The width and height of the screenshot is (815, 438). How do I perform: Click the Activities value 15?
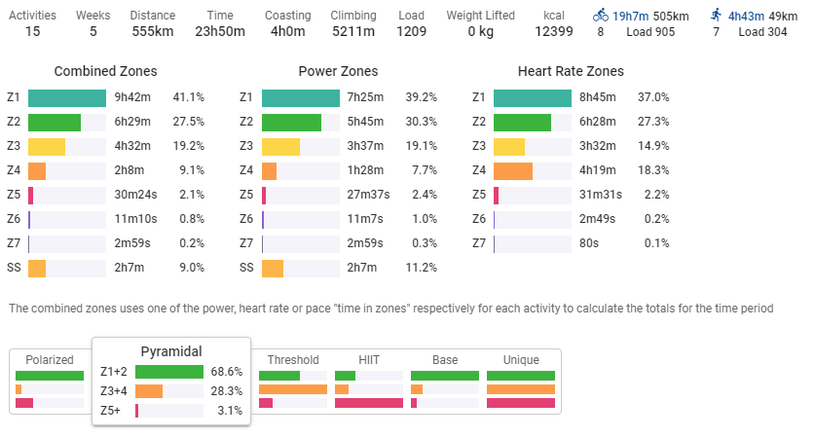point(32,31)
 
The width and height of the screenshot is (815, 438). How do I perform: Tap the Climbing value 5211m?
point(352,31)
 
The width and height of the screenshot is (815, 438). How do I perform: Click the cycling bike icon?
point(601,16)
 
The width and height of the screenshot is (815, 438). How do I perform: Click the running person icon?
point(717,16)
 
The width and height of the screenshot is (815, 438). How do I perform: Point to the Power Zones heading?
point(338,72)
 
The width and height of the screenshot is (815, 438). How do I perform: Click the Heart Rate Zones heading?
point(572,72)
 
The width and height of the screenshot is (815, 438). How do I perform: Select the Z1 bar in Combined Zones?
point(67,97)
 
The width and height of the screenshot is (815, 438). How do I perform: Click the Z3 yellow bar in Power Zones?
point(280,147)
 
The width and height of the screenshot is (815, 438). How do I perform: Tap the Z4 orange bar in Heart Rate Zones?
point(513,171)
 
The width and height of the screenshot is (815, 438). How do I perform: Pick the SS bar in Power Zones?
point(273,268)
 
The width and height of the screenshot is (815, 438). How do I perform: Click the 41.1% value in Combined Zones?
point(188,97)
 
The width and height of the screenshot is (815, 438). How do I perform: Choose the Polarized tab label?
point(50,360)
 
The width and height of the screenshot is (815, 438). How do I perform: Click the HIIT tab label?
point(368,360)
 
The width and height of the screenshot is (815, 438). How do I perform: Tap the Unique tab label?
point(520,360)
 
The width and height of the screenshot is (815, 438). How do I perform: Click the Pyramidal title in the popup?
point(171,350)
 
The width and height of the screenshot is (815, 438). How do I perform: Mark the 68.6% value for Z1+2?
point(227,372)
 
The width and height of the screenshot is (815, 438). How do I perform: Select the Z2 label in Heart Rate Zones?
point(478,123)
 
